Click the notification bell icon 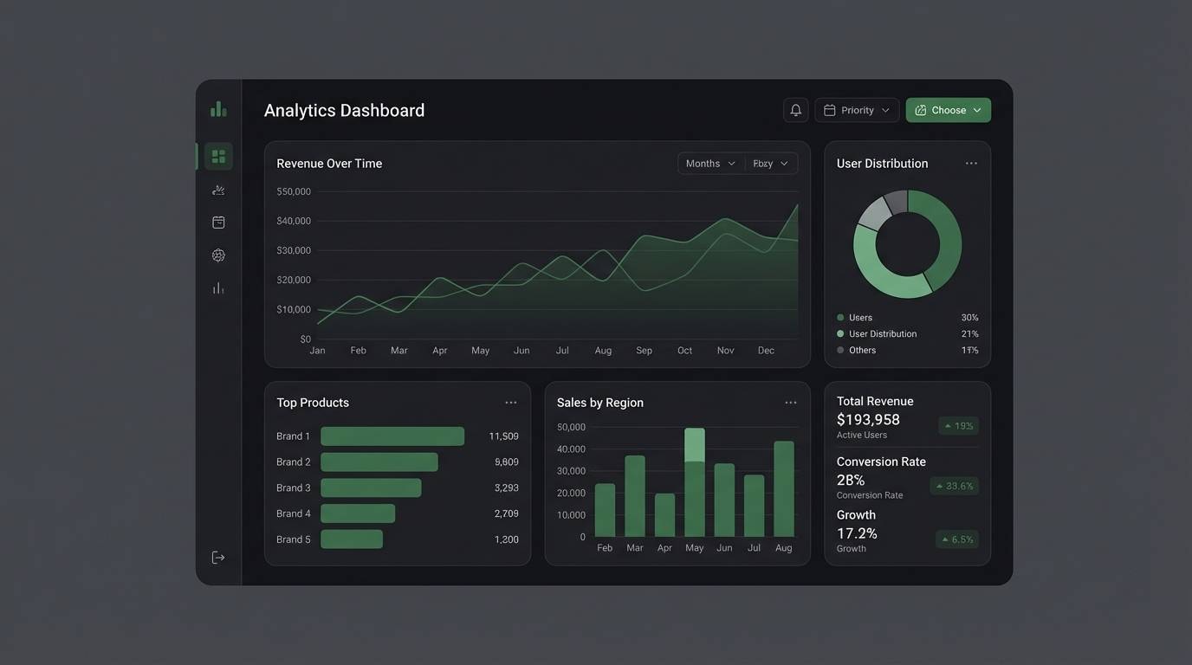(x=795, y=110)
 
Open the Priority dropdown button (x=856, y=110)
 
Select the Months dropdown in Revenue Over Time (x=710, y=164)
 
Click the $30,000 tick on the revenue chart (x=294, y=250)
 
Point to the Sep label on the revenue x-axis (x=644, y=351)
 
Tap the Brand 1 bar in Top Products (x=392, y=436)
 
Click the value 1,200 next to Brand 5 (x=506, y=539)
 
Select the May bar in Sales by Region (x=694, y=485)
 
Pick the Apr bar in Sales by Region (x=664, y=515)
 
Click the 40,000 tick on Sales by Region (x=571, y=449)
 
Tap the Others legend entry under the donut (x=862, y=351)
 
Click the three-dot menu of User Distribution (x=971, y=164)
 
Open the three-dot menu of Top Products (x=510, y=403)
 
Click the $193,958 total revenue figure (x=868, y=420)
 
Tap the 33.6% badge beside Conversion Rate (x=954, y=486)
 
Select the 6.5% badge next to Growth (x=956, y=539)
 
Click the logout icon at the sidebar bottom (x=218, y=558)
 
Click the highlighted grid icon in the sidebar (x=218, y=157)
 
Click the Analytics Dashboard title (x=344, y=111)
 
